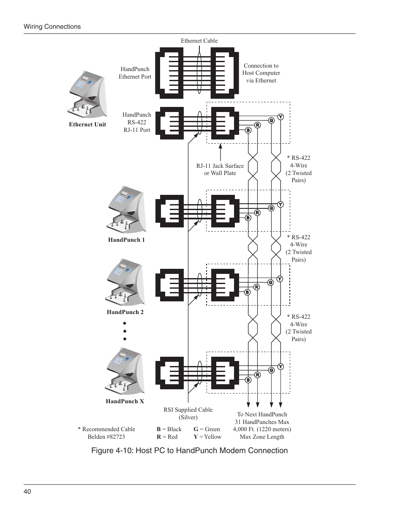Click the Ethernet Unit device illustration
click(87, 95)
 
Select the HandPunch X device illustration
click(125, 372)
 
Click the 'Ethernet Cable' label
click(199, 41)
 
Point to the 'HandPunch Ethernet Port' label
click(135, 73)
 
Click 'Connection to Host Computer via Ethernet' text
click(261, 73)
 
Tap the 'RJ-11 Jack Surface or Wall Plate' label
click(220, 169)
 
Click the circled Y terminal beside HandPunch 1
click(280, 205)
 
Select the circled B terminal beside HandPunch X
click(248, 380)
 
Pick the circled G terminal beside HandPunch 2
click(270, 282)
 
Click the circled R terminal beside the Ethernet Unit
click(257, 125)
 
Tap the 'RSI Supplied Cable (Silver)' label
click(188, 413)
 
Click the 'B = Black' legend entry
click(169, 429)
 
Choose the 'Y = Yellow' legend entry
click(207, 437)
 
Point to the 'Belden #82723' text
click(106, 437)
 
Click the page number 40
click(27, 491)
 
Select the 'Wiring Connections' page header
click(52, 27)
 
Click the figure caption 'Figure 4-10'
click(189, 451)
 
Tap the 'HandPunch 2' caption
click(125, 312)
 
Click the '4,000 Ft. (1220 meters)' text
click(262, 429)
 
